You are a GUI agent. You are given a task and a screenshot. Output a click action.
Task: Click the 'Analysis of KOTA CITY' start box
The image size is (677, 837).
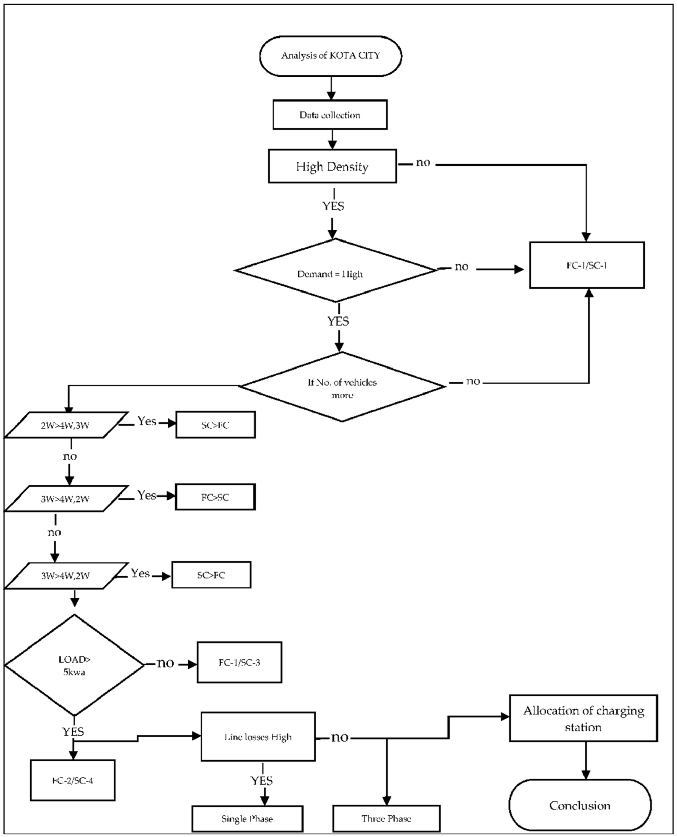click(x=330, y=56)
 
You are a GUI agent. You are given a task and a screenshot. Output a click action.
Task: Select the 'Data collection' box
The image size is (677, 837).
click(x=330, y=115)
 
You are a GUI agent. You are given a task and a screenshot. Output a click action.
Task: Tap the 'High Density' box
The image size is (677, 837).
click(x=332, y=167)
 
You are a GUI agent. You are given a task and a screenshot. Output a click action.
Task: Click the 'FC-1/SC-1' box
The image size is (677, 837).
click(x=586, y=265)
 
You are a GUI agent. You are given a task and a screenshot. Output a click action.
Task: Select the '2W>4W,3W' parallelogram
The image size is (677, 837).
click(x=65, y=425)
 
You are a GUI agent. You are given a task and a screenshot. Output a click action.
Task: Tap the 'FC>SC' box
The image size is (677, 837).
click(x=215, y=497)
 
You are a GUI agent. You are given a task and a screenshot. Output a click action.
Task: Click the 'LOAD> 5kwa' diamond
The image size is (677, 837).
click(x=74, y=665)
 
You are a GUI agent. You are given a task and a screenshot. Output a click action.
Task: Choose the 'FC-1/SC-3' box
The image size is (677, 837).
click(x=239, y=662)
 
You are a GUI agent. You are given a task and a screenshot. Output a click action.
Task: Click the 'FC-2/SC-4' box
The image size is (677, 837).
click(x=73, y=781)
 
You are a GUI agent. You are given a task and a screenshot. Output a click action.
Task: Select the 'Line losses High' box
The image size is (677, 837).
click(x=258, y=737)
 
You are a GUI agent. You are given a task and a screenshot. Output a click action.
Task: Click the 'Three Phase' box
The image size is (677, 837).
click(x=386, y=819)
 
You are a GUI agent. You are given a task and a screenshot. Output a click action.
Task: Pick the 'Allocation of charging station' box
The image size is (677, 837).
click(x=583, y=718)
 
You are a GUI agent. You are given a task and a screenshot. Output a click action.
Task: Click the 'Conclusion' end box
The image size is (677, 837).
click(x=580, y=806)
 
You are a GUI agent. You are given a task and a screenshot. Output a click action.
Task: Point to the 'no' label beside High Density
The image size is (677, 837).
click(x=423, y=162)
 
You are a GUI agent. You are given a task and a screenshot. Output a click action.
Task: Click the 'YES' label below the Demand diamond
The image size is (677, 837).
click(x=338, y=322)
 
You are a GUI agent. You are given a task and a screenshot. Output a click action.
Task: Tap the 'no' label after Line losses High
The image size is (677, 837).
click(x=339, y=737)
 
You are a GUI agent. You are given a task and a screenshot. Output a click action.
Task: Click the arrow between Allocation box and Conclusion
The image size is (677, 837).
click(x=586, y=760)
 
